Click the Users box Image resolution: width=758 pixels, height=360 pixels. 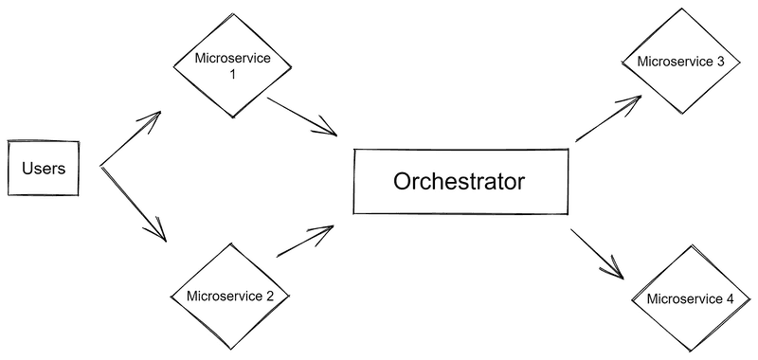tap(43, 169)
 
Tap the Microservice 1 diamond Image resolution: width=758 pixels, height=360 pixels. tap(231, 65)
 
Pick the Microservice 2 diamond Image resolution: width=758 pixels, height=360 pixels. tap(230, 297)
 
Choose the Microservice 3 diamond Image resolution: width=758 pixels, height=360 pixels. tap(681, 62)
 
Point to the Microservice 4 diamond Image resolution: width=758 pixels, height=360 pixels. tap(689, 298)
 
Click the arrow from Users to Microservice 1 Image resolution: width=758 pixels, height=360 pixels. tap(130, 138)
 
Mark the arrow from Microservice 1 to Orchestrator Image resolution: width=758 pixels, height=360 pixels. tap(302, 115)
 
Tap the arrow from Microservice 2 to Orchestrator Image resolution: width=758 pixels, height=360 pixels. tap(305, 243)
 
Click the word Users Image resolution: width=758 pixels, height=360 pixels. tap(43, 169)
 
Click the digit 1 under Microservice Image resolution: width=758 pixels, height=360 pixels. tap(232, 73)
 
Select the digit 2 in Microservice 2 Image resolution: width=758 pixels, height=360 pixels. tap(270, 297)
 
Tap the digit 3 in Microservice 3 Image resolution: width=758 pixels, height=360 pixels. tap(721, 62)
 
